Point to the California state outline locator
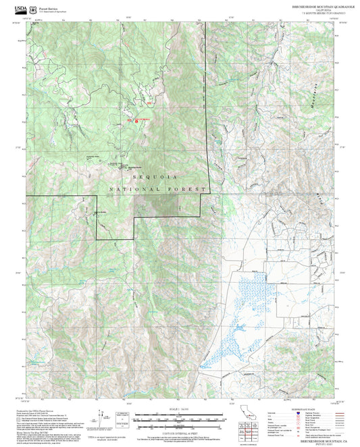pyautogui.click(x=247, y=413)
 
